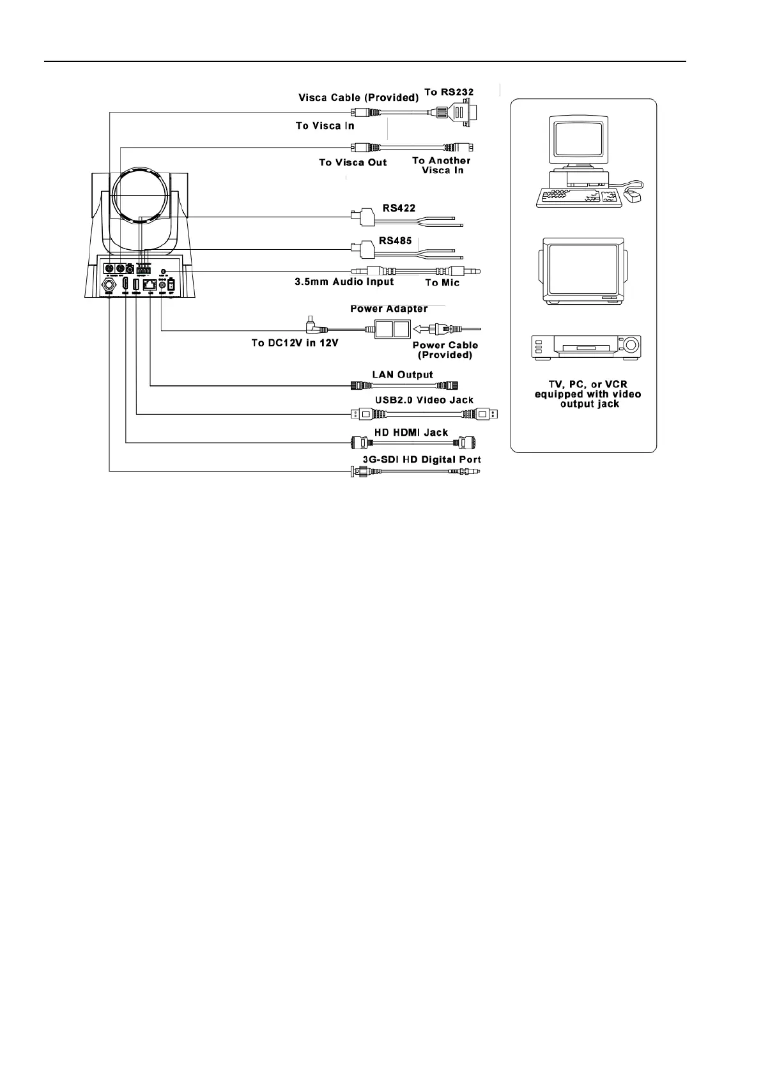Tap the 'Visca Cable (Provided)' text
[x=358, y=98]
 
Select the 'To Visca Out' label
[x=353, y=162]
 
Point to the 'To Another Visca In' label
[x=442, y=165]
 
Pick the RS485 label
[x=396, y=241]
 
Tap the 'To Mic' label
[x=442, y=282]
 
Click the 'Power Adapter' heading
[x=389, y=309]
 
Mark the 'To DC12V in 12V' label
[x=295, y=343]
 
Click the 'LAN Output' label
[x=403, y=374]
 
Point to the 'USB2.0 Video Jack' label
[x=424, y=400]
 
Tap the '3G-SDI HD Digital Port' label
[x=417, y=459]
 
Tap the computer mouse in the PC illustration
[x=634, y=196]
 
